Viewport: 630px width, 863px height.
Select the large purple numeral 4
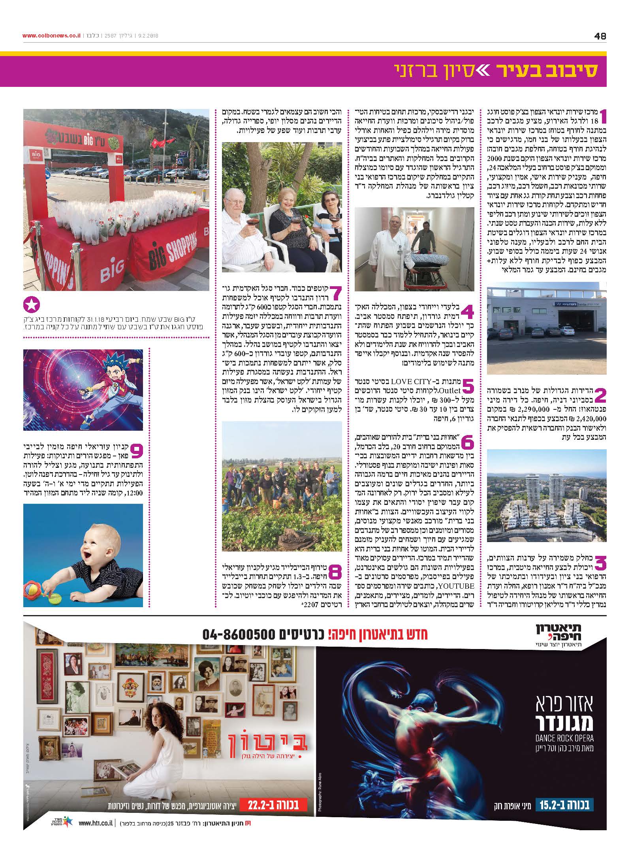[x=466, y=311]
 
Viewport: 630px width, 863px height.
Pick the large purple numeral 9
[x=136, y=450]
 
